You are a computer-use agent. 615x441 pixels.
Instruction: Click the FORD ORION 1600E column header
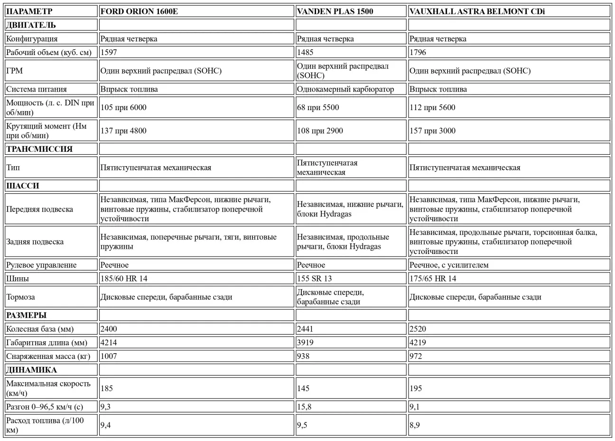tap(139, 11)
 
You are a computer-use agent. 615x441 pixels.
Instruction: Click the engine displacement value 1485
tap(306, 52)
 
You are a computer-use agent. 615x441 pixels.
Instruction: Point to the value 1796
tap(419, 52)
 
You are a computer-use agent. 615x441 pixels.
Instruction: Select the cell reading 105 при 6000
tap(123, 107)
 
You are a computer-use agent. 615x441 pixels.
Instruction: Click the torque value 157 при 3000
tap(432, 131)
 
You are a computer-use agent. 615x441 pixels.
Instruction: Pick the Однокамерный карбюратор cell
tap(345, 89)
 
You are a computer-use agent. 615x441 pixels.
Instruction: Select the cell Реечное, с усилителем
tap(448, 265)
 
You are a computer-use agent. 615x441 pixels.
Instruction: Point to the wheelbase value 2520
tap(419, 328)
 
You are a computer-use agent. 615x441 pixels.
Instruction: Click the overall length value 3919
tap(306, 342)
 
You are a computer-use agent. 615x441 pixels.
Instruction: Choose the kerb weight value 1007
tap(109, 356)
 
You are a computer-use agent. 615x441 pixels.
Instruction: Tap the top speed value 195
tap(415, 388)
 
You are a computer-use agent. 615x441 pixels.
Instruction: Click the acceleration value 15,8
tap(304, 407)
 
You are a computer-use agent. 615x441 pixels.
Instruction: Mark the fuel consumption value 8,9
tap(414, 425)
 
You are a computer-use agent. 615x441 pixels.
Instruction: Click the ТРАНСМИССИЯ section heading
tap(39, 149)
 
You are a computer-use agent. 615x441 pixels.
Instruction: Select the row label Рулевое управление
tap(41, 265)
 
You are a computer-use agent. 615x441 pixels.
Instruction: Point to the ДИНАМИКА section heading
tap(31, 370)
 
